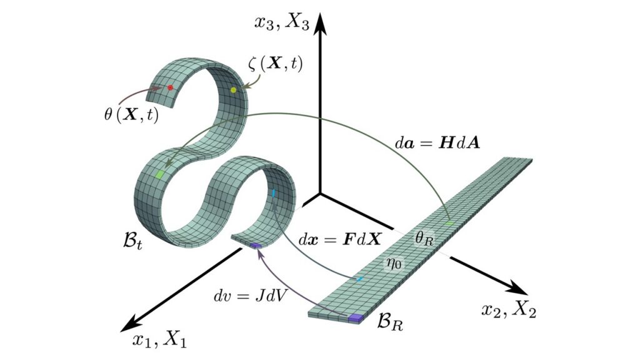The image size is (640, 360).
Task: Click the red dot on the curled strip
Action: tap(170, 87)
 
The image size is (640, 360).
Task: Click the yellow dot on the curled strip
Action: tap(234, 90)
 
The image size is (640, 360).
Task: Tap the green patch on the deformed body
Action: tap(160, 174)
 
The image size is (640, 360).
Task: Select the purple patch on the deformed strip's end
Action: tap(256, 245)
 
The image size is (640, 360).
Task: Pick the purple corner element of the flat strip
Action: tap(355, 317)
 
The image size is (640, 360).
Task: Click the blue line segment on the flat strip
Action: tap(359, 279)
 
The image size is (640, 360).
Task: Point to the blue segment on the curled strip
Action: tap(274, 192)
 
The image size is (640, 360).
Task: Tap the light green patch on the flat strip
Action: tap(449, 223)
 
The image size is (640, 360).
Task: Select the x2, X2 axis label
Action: tap(509, 310)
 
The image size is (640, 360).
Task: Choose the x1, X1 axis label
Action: tap(159, 339)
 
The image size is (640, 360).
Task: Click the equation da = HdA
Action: tap(437, 142)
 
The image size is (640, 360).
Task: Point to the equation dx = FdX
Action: tap(340, 239)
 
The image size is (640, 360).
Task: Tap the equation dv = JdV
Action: tap(250, 296)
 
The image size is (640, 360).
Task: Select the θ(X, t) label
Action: tap(131, 114)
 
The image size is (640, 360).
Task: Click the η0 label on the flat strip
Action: tap(395, 263)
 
